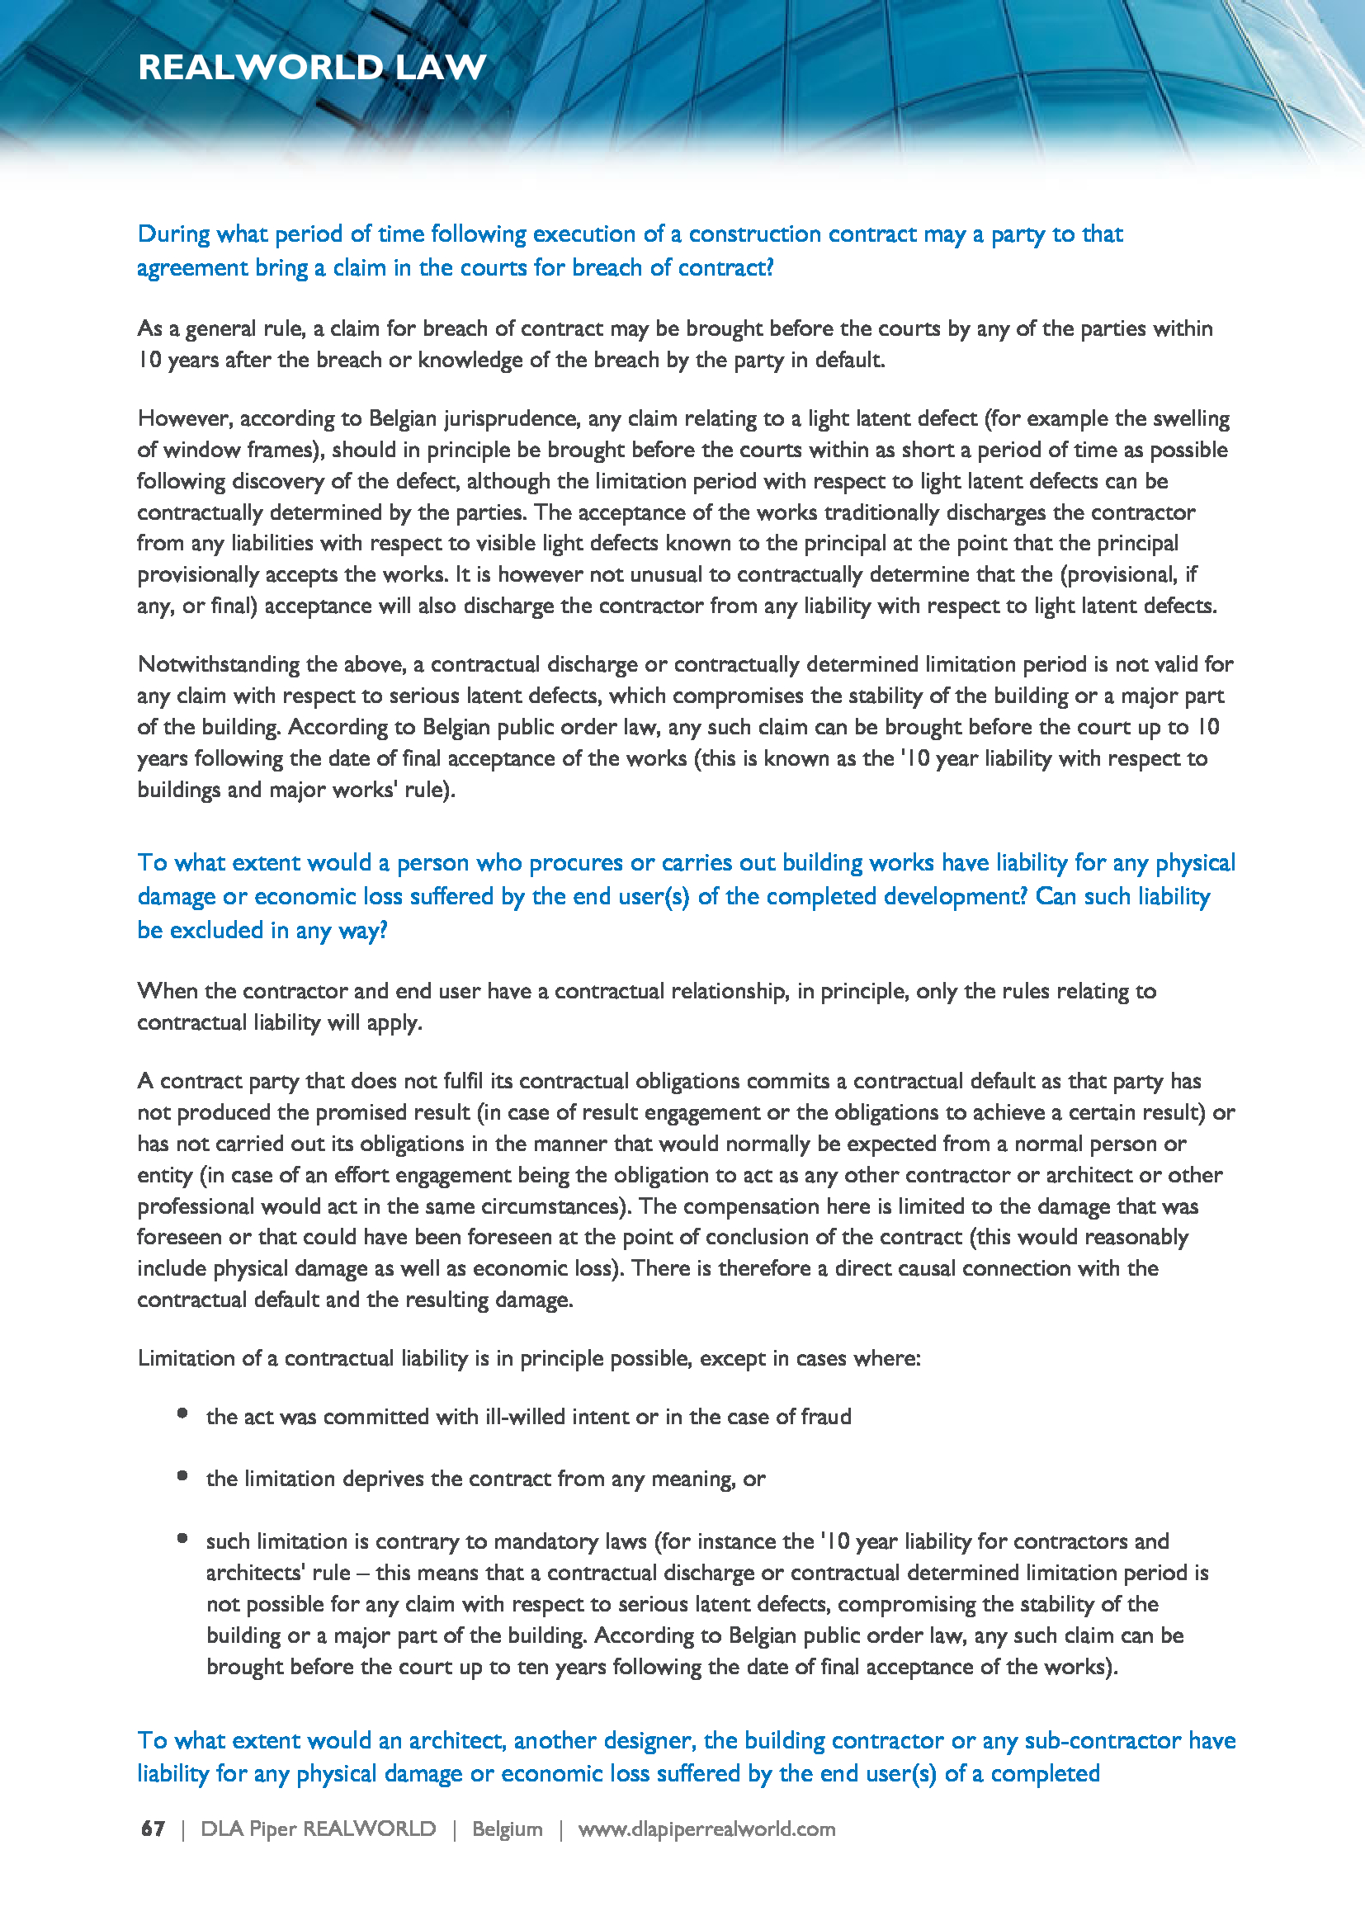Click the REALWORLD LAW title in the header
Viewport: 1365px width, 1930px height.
coord(312,67)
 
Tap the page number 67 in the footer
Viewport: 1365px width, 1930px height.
coord(153,1829)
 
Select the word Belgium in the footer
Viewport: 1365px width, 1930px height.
coord(507,1829)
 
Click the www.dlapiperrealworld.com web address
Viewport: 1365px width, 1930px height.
coord(706,1829)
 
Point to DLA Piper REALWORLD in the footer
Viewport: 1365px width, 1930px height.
coord(318,1829)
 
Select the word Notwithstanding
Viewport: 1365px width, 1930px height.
coord(219,664)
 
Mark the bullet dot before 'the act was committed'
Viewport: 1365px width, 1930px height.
coord(182,1413)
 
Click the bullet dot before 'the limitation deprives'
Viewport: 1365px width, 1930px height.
coord(182,1475)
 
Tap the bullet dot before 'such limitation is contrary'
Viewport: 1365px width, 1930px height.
coord(182,1538)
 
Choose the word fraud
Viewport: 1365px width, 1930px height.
coord(825,1417)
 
